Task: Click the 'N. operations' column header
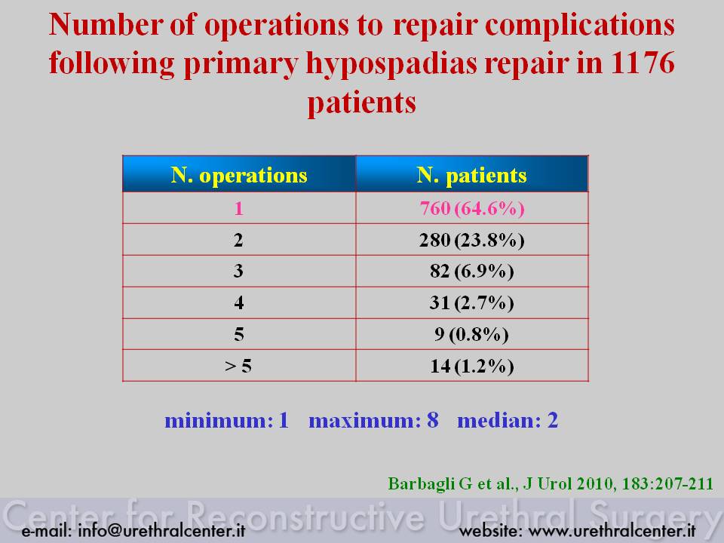click(239, 175)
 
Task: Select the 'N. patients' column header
click(471, 175)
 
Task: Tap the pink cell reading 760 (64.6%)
click(472, 208)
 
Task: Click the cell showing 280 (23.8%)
click(472, 240)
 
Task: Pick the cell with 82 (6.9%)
click(472, 271)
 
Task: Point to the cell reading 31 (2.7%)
click(472, 303)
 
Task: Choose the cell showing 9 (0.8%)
click(471, 334)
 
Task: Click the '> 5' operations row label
click(238, 367)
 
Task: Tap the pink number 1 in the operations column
click(239, 209)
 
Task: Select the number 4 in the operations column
click(239, 303)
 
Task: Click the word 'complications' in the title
click(580, 26)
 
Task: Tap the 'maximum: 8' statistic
click(373, 420)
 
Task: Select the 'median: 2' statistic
click(508, 420)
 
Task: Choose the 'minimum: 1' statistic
click(227, 420)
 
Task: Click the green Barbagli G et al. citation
click(551, 483)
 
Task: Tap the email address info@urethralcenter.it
click(161, 530)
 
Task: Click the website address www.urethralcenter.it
click(612, 530)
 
